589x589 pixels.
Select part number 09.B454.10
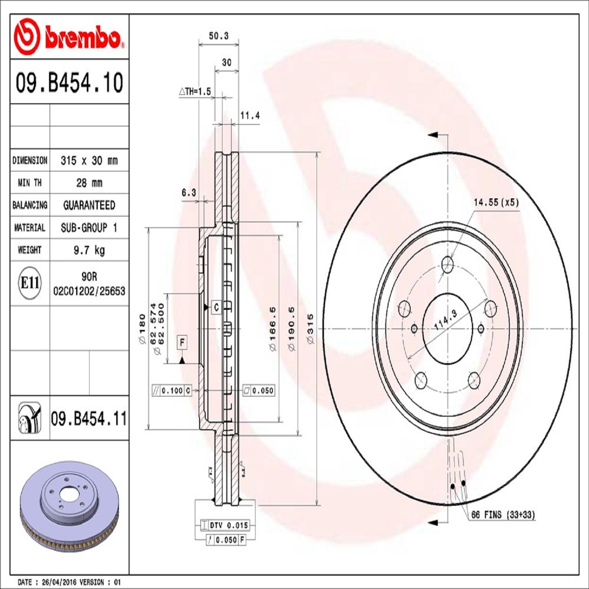point(70,82)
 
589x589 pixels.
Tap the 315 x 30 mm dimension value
point(89,161)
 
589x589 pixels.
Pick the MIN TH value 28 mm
point(89,183)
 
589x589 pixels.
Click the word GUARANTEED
point(89,205)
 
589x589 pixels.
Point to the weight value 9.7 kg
point(89,250)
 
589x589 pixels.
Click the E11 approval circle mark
point(30,283)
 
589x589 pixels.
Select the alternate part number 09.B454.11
point(89,419)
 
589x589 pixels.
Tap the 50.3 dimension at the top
point(219,36)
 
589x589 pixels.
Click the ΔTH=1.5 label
point(195,91)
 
